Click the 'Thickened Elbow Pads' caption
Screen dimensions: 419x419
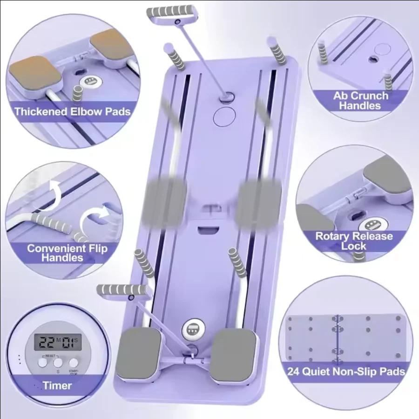(x=72, y=111)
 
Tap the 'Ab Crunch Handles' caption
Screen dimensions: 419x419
(x=360, y=101)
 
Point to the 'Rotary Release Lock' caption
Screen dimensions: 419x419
(x=354, y=240)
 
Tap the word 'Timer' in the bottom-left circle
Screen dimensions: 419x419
(x=57, y=385)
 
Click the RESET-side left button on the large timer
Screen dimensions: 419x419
(x=43, y=362)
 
